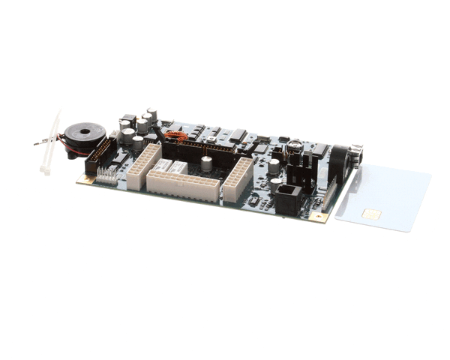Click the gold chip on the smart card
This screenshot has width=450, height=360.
[x=370, y=214]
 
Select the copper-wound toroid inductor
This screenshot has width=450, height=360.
[x=175, y=137]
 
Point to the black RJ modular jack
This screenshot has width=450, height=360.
[x=288, y=199]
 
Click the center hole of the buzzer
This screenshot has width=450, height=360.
[x=84, y=133]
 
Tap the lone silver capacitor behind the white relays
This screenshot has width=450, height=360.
[x=205, y=165]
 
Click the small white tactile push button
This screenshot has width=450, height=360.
[x=212, y=139]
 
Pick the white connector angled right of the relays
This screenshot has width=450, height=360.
[x=238, y=179]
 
